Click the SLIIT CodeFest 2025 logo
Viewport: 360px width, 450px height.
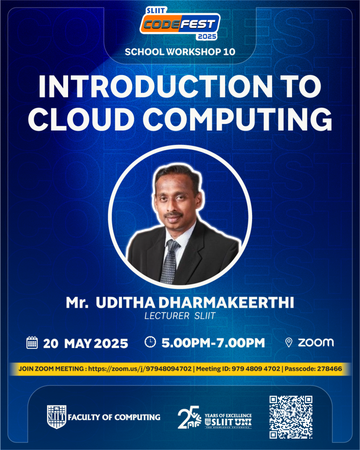pos(180,23)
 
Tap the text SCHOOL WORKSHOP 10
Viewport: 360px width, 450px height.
pos(180,52)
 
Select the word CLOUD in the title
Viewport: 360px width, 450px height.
pos(81,120)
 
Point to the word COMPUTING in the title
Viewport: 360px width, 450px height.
pos(238,120)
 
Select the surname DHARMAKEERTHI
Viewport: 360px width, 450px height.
pos(226,302)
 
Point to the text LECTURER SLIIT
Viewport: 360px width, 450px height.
pos(180,316)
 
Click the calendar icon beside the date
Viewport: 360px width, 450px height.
pos(32,343)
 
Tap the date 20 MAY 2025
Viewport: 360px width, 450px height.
pos(86,344)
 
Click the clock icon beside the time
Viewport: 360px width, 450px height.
pos(150,342)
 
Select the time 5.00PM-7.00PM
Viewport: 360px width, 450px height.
pos(213,343)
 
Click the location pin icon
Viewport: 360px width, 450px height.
pos(288,342)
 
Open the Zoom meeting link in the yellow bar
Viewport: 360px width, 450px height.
pos(140,369)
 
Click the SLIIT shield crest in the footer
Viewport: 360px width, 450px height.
pos(57,417)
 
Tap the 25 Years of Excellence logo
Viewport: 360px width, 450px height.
pos(215,417)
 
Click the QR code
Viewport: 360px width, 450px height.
pos(291,417)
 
